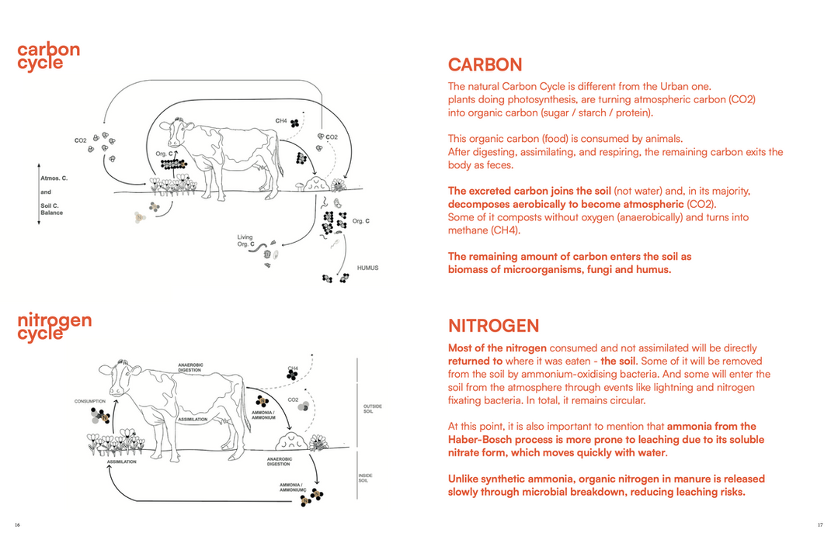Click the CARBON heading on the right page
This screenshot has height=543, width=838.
pyautogui.click(x=485, y=64)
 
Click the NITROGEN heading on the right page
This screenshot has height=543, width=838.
pyautogui.click(x=493, y=326)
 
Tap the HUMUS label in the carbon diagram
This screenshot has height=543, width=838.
pyautogui.click(x=367, y=268)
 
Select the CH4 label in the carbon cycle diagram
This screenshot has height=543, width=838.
pyautogui.click(x=281, y=121)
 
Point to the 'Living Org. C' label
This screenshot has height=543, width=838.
pyautogui.click(x=246, y=240)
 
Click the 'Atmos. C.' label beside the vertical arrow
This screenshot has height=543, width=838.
pyautogui.click(x=54, y=178)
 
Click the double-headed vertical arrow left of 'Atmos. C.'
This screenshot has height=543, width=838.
pyautogui.click(x=38, y=194)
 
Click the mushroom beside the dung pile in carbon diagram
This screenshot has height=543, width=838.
pyautogui.click(x=297, y=187)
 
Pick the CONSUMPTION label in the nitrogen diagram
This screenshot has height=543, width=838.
pyautogui.click(x=90, y=401)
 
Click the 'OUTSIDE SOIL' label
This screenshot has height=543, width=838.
pyautogui.click(x=372, y=409)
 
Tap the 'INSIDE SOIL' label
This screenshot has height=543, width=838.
pyautogui.click(x=365, y=478)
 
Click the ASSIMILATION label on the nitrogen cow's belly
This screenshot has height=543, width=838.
pyautogui.click(x=192, y=419)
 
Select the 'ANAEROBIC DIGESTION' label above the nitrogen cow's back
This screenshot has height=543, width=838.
pyautogui.click(x=190, y=367)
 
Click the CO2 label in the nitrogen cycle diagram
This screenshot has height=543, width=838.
pyautogui.click(x=293, y=400)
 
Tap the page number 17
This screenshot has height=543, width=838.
pyautogui.click(x=819, y=525)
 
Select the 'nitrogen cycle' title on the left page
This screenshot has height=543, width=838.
pyautogui.click(x=54, y=327)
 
